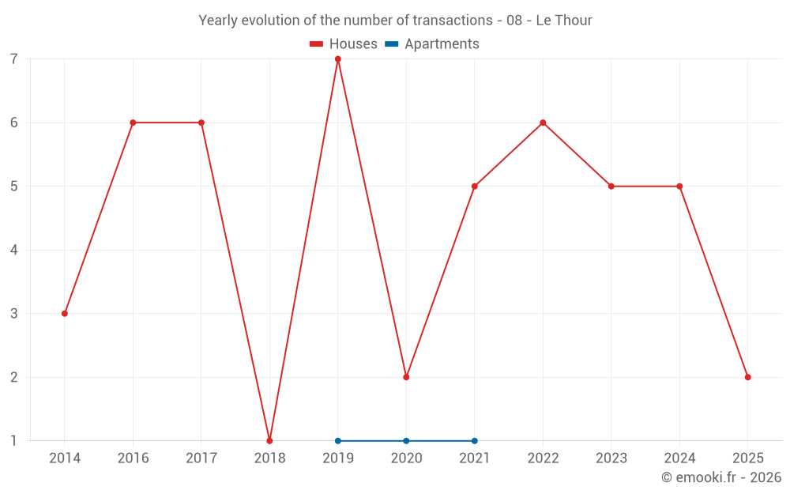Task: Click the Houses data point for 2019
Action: (x=338, y=59)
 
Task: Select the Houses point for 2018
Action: (x=269, y=440)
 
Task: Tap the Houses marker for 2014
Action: (x=65, y=314)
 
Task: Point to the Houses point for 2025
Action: (x=747, y=377)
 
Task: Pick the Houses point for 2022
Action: (x=543, y=123)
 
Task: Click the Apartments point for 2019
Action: (x=338, y=440)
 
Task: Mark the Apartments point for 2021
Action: (x=475, y=440)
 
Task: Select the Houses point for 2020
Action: (x=406, y=377)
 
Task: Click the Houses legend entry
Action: (x=344, y=44)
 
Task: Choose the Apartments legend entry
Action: (x=432, y=44)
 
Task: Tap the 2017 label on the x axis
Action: (x=201, y=458)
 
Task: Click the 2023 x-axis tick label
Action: (x=611, y=458)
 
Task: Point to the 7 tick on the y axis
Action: (x=14, y=59)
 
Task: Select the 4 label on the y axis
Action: (x=14, y=250)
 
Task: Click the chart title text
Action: (x=395, y=21)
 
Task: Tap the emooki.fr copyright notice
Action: (x=721, y=477)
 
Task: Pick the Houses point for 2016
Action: (x=133, y=123)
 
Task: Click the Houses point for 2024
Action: (x=679, y=187)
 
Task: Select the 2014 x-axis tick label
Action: (x=65, y=458)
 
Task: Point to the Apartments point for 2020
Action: (x=406, y=440)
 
